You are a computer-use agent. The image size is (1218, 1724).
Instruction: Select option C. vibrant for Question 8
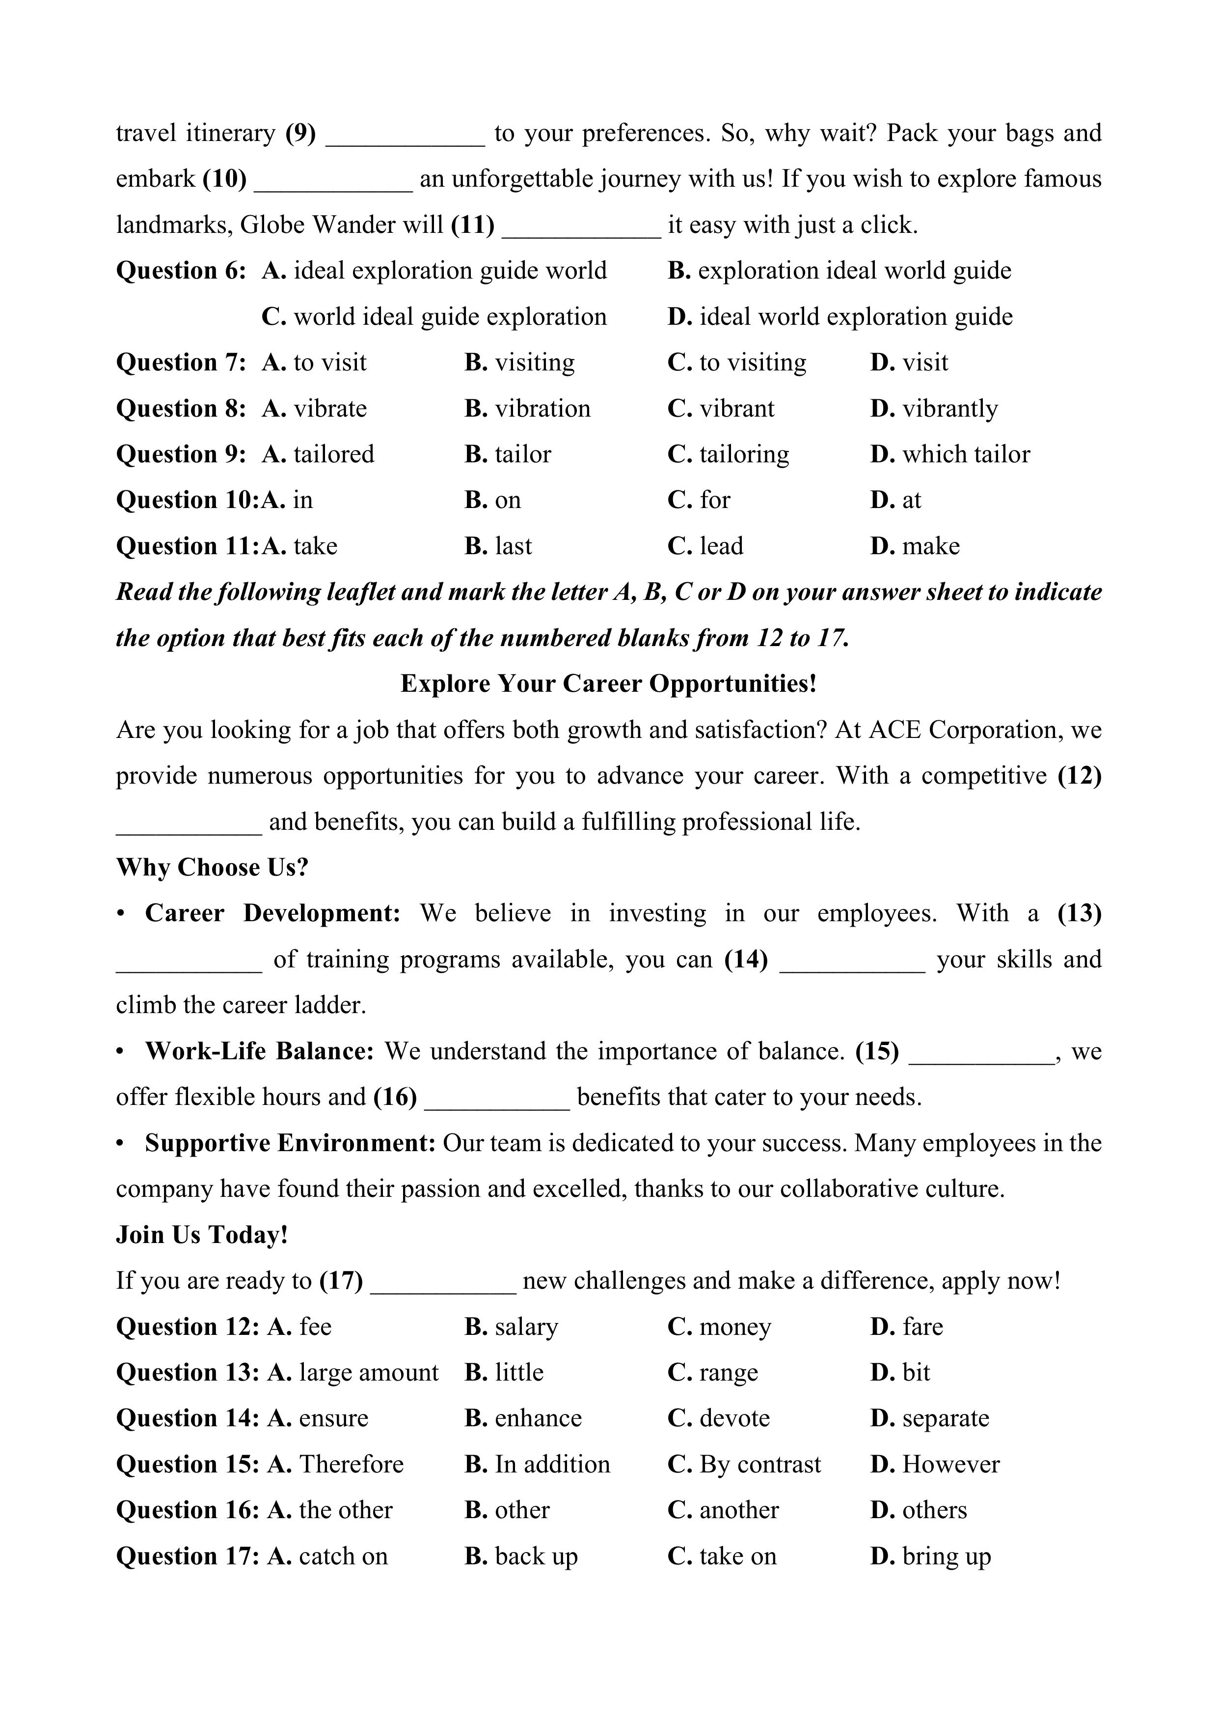721,408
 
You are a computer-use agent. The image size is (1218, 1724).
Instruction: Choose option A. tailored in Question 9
318,454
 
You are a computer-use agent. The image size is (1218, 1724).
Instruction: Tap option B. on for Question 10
492,500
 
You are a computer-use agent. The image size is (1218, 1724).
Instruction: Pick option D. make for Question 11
915,546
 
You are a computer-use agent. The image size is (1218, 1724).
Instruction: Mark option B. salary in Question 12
511,1327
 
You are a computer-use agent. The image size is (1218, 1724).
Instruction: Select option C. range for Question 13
713,1373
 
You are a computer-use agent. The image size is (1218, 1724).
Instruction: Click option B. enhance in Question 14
523,1418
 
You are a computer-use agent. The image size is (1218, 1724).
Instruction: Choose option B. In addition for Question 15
538,1464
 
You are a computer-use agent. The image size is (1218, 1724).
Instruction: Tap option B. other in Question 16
507,1510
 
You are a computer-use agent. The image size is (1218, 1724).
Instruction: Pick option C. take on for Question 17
722,1556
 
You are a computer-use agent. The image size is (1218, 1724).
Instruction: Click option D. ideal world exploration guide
840,317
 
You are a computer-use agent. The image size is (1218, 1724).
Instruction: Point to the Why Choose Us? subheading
213,867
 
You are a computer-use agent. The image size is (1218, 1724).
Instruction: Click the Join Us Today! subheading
202,1235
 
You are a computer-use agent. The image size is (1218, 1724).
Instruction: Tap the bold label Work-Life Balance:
259,1051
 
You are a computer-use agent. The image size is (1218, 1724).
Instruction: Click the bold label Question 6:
181,271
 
